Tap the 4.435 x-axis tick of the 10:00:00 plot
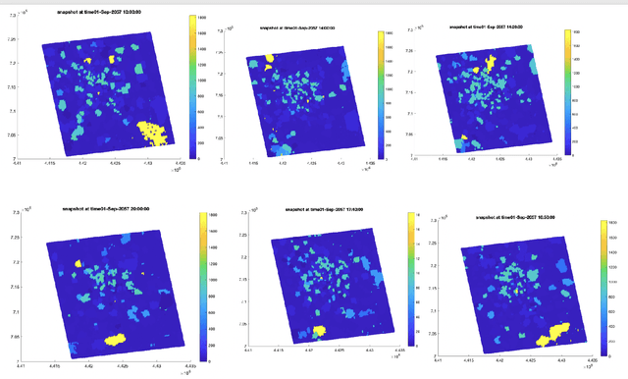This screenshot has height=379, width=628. tap(180, 165)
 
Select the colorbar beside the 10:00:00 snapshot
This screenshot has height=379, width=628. tap(190, 87)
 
